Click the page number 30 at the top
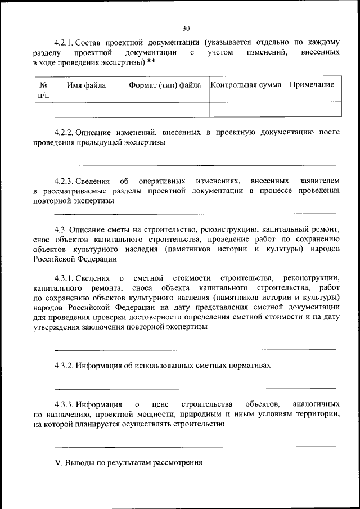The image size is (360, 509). pos(186,28)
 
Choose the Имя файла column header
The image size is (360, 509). pos(85,85)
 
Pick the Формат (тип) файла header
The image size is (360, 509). pos(165,85)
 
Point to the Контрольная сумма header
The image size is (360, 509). pos(245,85)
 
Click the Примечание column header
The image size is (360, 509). pos(312,85)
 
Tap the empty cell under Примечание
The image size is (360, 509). pos(312,109)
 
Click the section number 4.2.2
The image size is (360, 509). pos(64,133)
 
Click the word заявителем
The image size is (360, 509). pos(318,181)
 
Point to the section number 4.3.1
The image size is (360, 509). pos(64,278)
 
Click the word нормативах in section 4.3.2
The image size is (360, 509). pos(246,366)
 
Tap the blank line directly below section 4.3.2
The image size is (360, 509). pos(195,388)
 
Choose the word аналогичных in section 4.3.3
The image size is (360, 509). pos(316,404)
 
